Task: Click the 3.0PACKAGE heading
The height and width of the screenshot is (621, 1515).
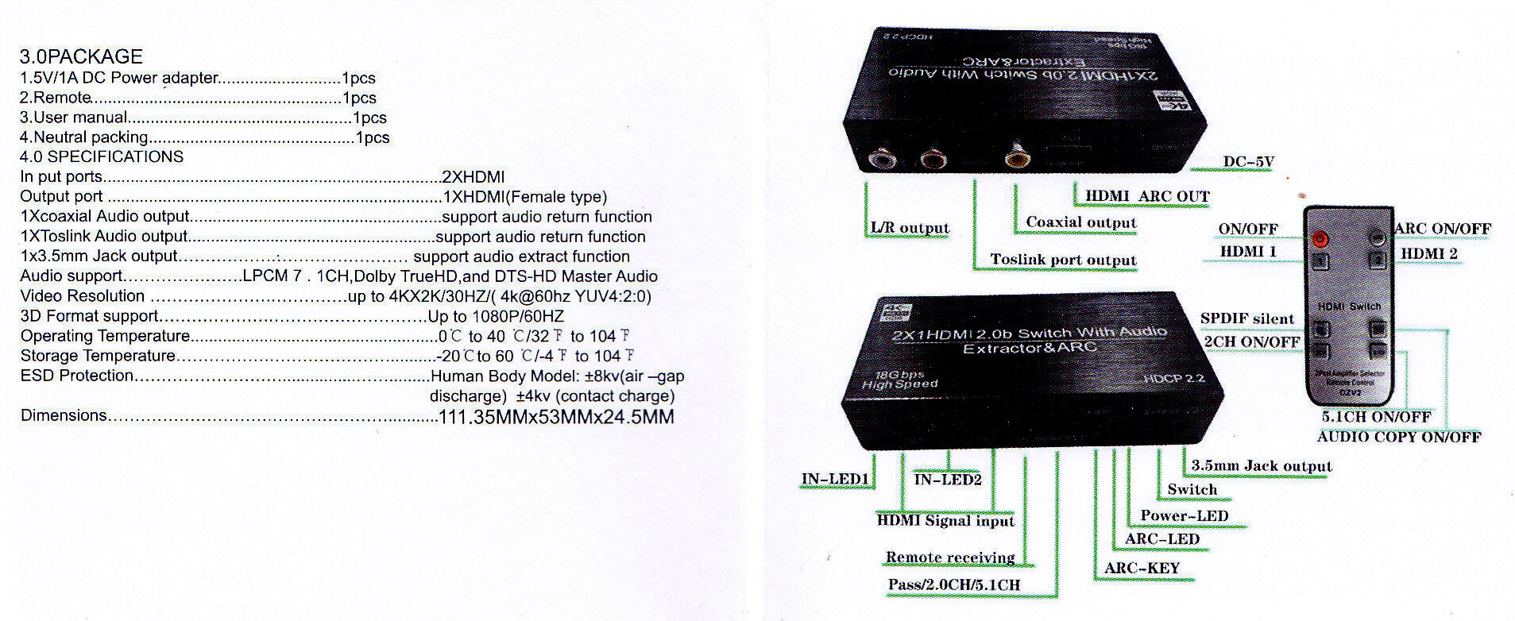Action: (81, 56)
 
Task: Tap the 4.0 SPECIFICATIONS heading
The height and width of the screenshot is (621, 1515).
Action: (102, 156)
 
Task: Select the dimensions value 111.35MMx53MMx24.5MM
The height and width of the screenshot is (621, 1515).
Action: (556, 417)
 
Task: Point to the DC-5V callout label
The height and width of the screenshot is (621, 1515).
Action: (1248, 162)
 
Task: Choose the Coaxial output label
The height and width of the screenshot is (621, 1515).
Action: (1080, 222)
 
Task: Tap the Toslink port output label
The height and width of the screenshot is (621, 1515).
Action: (1063, 260)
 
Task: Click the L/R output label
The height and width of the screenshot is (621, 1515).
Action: (910, 228)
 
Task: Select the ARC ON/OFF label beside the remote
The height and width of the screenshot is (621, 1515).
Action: (1442, 229)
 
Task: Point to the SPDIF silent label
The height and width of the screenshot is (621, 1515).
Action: (1246, 318)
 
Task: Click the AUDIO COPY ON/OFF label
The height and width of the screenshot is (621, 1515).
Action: (1398, 437)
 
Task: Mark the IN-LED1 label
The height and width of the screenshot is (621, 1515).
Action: (835, 479)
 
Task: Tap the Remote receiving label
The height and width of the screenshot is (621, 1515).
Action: (950, 557)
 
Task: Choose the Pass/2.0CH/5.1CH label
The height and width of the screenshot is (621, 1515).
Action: (954, 585)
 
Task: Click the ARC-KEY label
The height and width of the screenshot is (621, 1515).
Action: (1142, 568)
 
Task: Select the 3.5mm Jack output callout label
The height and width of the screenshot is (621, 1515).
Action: (1261, 466)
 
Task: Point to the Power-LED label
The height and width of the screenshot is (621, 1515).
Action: (1184, 515)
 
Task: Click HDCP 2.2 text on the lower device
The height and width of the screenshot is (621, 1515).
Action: (1173, 378)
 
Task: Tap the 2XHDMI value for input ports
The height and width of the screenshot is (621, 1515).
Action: (473, 177)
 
